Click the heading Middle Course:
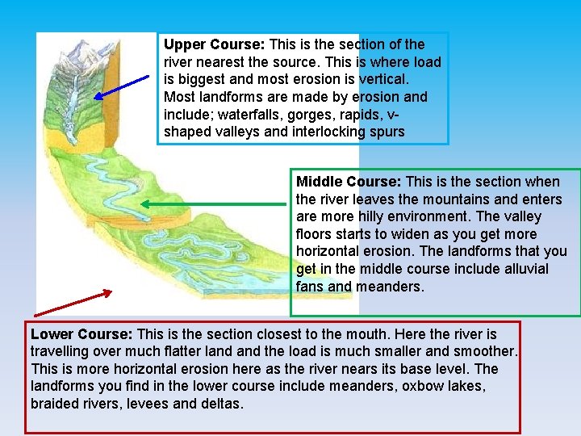(x=349, y=182)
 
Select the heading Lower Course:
(x=82, y=334)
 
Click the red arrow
(x=73, y=302)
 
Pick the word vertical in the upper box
(x=381, y=79)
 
